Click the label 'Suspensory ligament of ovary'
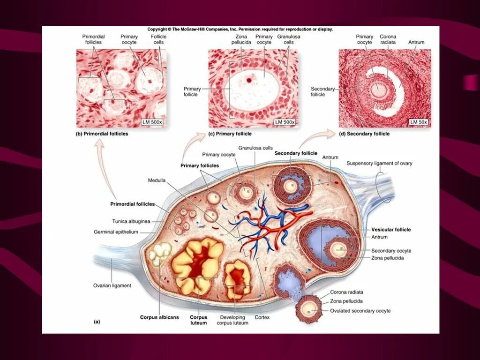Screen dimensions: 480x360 tap(379, 163)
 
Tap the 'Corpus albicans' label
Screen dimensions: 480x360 tap(159, 317)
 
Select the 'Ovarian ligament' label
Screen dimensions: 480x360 tap(112, 285)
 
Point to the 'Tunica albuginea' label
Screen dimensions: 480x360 tap(131, 221)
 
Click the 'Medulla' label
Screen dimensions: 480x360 tap(157, 180)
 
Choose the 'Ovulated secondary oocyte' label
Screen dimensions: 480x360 tap(360, 311)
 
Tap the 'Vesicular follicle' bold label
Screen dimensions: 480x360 tap(391, 230)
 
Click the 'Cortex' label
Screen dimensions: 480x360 tap(262, 317)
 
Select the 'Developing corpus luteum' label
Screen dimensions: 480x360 tap(232, 320)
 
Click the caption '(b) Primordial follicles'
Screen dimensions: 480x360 tap(102, 134)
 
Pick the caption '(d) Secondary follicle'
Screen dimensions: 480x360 tap(364, 134)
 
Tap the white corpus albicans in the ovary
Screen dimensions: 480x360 tap(158, 256)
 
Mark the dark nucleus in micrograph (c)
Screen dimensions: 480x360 tap(249, 79)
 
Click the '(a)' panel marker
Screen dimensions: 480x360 tap(97, 322)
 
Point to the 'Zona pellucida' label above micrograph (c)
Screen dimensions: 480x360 tap(241, 39)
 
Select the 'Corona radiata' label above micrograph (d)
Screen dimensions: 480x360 tap(388, 39)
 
